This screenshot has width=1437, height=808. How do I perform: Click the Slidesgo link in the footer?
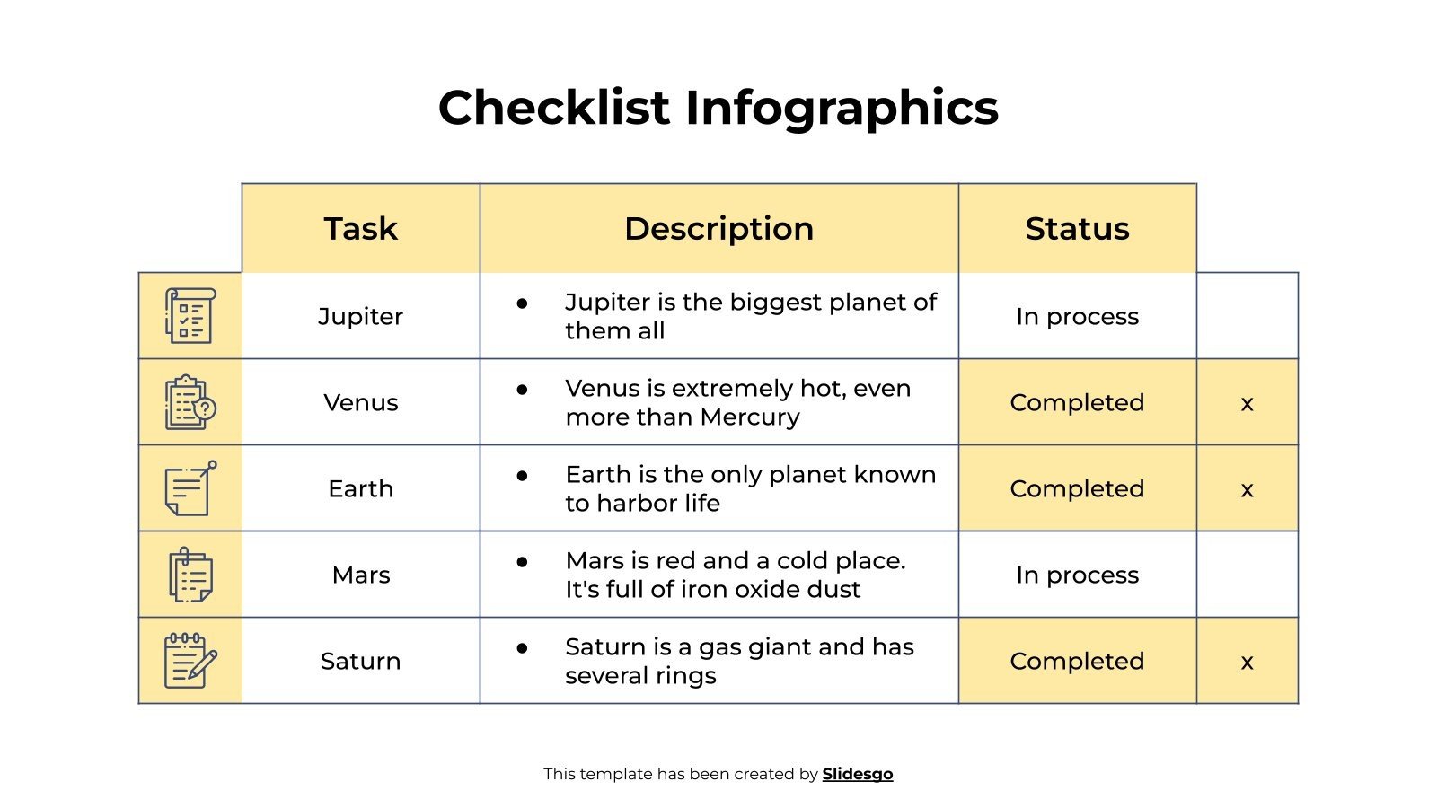857,774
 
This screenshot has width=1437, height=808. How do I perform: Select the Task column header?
360,229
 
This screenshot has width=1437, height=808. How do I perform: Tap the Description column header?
718,229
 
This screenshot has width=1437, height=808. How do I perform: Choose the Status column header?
1077,229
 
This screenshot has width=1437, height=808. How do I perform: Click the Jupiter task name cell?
360,316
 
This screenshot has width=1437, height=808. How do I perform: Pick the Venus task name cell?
360,402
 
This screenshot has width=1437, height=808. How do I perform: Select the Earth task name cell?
360,488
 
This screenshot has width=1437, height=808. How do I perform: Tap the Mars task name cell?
360,575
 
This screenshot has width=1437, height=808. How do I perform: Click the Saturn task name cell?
360,661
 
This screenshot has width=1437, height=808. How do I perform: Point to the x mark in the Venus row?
1247,404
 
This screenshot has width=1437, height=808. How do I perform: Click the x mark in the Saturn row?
1247,663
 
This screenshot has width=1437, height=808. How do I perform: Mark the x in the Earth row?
1247,490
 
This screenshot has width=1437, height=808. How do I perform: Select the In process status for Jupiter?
1077,316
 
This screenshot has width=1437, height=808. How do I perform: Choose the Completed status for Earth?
1077,488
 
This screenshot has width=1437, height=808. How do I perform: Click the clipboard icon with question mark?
190,402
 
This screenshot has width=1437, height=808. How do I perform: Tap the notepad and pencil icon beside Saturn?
190,661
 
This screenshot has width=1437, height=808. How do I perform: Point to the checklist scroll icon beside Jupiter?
190,316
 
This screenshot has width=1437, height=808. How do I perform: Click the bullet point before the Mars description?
522,561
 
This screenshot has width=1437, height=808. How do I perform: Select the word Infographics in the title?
842,108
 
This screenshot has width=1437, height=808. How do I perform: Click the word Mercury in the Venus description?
750,417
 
